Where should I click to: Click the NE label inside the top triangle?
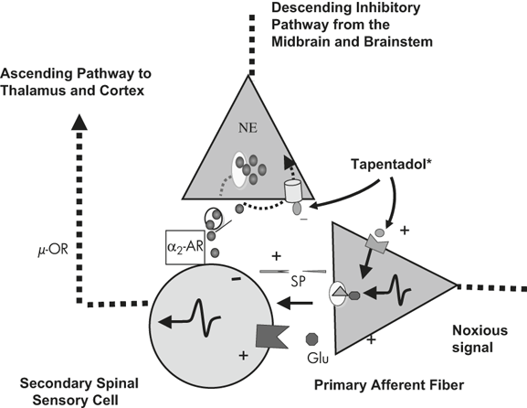[x=248, y=128]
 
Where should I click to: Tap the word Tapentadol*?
[x=392, y=165]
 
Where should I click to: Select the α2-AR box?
[x=185, y=247]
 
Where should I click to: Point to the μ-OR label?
[x=53, y=250]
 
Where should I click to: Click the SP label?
[x=299, y=281]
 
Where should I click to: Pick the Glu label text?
[x=318, y=359]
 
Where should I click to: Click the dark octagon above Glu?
[x=312, y=339]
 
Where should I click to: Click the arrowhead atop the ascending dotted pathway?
[x=79, y=122]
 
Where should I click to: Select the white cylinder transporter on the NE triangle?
[x=293, y=191]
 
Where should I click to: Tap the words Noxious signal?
[x=480, y=338]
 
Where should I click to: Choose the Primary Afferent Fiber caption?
[x=389, y=385]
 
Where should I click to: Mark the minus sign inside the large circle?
[x=237, y=279]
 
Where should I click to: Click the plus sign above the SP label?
[x=276, y=256]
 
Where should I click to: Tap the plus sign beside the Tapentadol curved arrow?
[x=405, y=231]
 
